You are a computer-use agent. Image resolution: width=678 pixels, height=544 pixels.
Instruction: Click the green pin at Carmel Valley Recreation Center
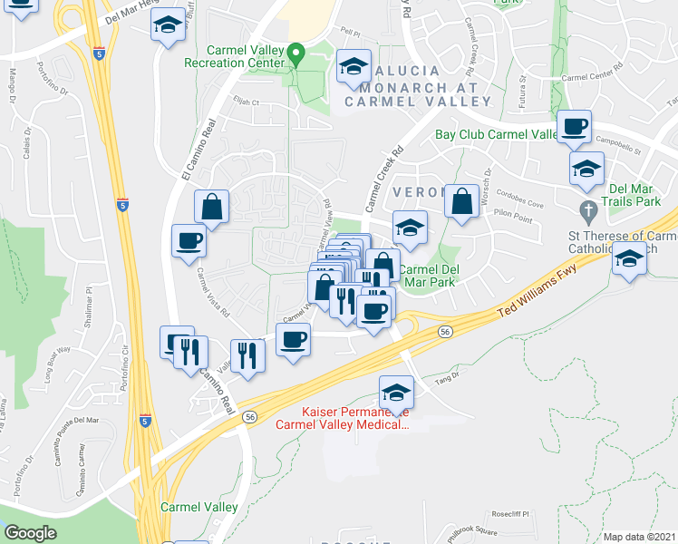[294, 56]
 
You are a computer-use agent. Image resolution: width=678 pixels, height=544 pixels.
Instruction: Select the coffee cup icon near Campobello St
[573, 128]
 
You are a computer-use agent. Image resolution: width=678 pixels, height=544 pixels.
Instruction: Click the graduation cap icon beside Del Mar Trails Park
[586, 169]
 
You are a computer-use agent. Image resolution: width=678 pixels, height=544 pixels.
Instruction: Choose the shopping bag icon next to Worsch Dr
[462, 202]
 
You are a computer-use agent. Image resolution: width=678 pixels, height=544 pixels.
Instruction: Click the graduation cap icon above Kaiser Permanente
[396, 393]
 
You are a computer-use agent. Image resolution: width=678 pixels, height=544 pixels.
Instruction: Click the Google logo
[30, 532]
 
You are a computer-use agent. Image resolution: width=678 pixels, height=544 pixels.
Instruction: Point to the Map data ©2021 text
[639, 537]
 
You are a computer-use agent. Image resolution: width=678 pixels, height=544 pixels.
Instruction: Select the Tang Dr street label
[444, 382]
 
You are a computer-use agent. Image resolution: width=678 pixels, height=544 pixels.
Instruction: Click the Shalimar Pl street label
[90, 309]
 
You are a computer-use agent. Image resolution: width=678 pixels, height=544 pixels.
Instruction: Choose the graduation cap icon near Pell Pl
[354, 66]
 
